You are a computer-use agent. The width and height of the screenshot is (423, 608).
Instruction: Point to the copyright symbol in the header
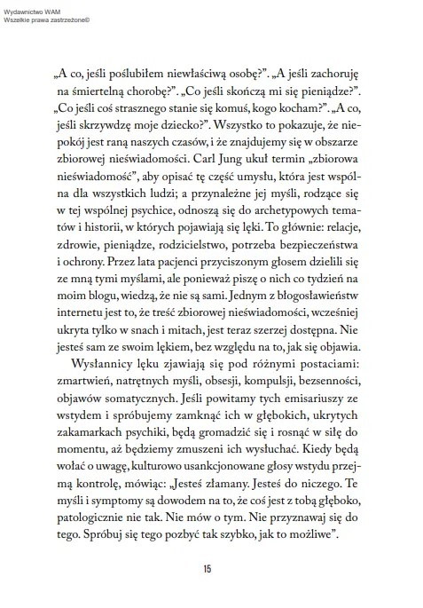[x=91, y=17]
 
